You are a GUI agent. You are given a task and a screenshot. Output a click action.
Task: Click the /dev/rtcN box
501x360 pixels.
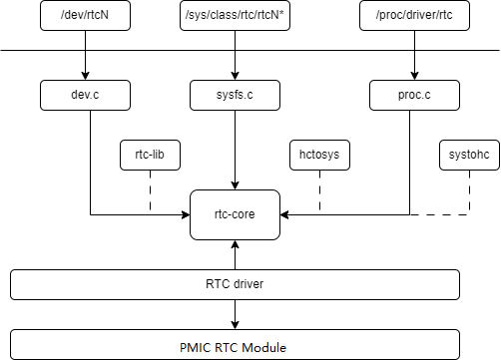pos(85,16)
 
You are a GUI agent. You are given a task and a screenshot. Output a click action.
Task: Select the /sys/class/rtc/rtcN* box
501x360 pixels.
pos(235,16)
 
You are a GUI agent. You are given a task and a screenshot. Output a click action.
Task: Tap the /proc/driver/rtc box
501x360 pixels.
pos(414,16)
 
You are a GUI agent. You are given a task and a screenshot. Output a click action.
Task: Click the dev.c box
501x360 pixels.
pos(85,95)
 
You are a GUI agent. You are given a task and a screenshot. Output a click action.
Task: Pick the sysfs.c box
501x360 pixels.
pos(235,95)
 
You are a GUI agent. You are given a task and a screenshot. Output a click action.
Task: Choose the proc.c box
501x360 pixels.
pos(414,95)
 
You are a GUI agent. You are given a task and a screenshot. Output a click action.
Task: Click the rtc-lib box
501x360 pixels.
pos(150,155)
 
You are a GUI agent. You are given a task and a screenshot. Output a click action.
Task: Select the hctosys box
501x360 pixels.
pos(319,155)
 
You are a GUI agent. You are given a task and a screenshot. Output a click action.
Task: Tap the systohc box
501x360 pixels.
pos(469,155)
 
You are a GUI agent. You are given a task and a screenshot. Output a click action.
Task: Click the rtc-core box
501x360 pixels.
pos(235,214)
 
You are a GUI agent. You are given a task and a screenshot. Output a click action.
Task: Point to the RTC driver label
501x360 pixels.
pos(235,284)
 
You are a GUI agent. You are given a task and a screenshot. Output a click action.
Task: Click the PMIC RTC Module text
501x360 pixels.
pos(233,348)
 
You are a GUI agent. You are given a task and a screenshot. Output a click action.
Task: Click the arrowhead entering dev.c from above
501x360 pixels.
pos(85,76)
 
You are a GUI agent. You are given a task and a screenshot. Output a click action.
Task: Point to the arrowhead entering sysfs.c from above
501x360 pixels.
pos(235,76)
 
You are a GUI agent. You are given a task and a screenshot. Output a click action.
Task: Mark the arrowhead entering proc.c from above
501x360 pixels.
pos(414,76)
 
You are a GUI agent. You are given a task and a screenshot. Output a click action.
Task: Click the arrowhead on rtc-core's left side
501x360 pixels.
pos(186,214)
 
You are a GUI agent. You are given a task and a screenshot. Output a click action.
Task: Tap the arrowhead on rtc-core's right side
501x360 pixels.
pos(284,214)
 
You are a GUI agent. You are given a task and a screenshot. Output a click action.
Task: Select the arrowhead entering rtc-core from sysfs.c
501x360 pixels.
pos(235,185)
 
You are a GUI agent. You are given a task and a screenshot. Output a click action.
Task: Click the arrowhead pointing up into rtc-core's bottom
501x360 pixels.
pos(235,244)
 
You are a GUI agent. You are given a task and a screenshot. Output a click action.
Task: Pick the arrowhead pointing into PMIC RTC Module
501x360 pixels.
pos(235,325)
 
